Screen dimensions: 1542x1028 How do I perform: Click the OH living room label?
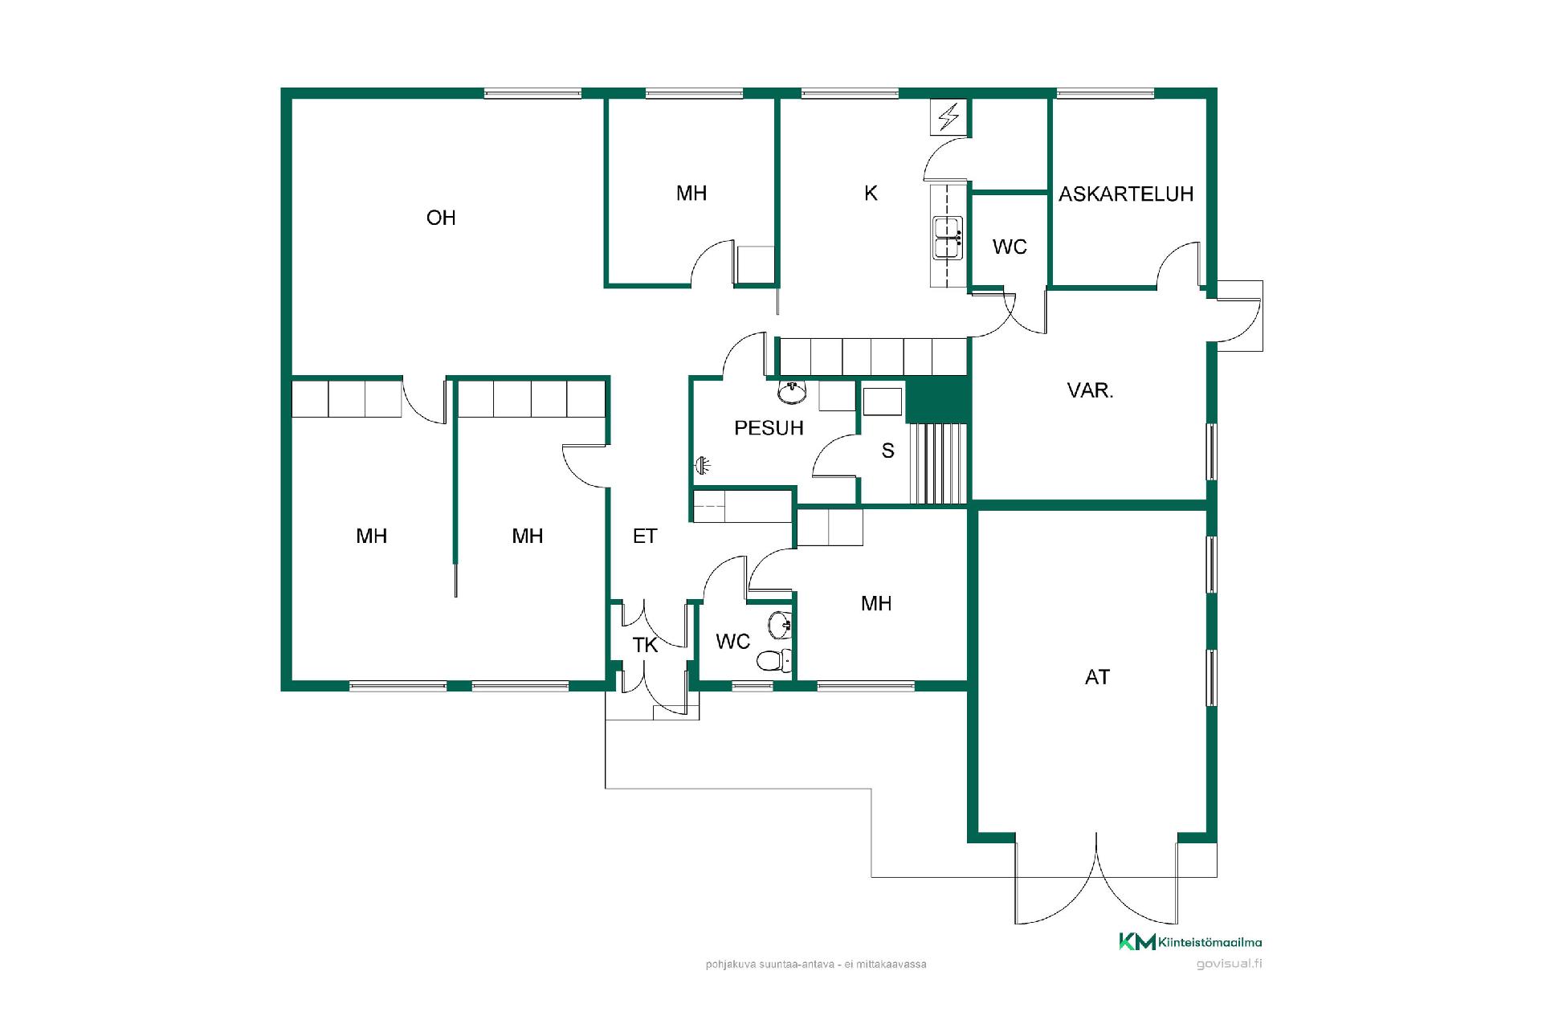pos(441,218)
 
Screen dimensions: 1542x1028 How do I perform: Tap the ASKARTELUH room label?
pos(1126,194)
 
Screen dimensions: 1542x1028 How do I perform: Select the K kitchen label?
pos(871,194)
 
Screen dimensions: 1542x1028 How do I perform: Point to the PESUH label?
pos(769,428)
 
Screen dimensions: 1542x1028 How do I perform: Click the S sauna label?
pos(887,451)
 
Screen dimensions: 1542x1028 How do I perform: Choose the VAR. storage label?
pos(1090,391)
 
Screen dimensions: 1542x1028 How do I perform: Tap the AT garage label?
pos(1097,677)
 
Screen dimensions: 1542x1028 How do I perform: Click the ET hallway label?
pos(645,536)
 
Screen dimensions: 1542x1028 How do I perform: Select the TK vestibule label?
pos(645,645)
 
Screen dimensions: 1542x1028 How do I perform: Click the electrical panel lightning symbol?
pos(948,117)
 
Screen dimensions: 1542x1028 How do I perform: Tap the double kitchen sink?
pos(948,238)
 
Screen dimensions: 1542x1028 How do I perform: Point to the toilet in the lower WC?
pos(773,660)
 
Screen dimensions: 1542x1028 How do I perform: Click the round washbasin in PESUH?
pos(792,393)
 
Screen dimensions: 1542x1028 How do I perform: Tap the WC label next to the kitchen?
pos(1010,247)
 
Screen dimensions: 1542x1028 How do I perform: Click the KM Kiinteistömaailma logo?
pos(1190,941)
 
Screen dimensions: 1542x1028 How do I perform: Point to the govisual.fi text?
pos(1229,964)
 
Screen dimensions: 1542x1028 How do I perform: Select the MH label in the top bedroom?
pos(691,193)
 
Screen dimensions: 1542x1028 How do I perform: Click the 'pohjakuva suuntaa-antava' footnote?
pos(816,964)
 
